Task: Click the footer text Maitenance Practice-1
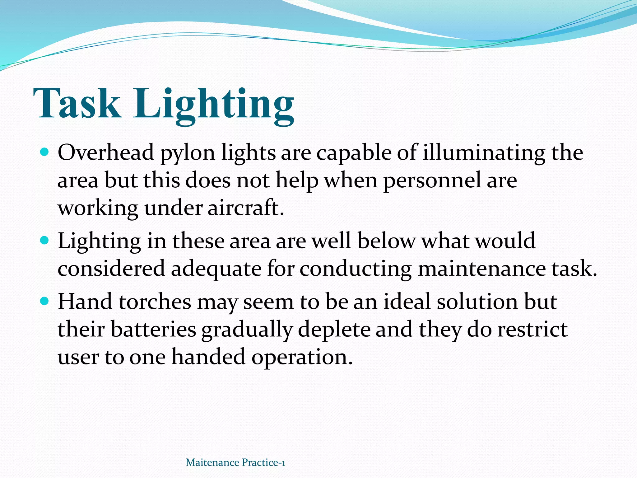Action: (235, 462)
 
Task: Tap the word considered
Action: (111, 269)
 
